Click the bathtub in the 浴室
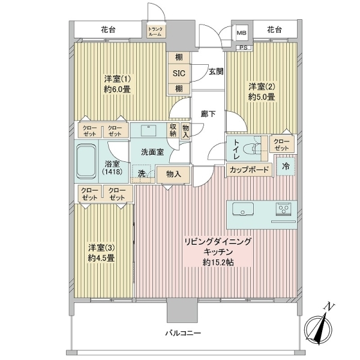(x=86, y=161)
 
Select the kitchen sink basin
(x=242, y=209)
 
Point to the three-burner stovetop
(x=283, y=209)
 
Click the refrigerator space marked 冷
(x=286, y=167)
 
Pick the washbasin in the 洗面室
(x=148, y=130)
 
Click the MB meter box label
(x=242, y=33)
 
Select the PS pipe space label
(x=244, y=48)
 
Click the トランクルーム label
(x=155, y=32)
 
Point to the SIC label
(x=179, y=73)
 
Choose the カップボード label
(x=249, y=170)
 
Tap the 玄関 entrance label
(x=216, y=71)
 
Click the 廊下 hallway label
(x=208, y=113)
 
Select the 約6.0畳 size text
(x=117, y=89)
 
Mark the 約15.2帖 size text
(x=218, y=262)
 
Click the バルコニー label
(x=183, y=333)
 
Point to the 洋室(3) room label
(x=101, y=248)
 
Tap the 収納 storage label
(x=173, y=130)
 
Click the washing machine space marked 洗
(x=142, y=174)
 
